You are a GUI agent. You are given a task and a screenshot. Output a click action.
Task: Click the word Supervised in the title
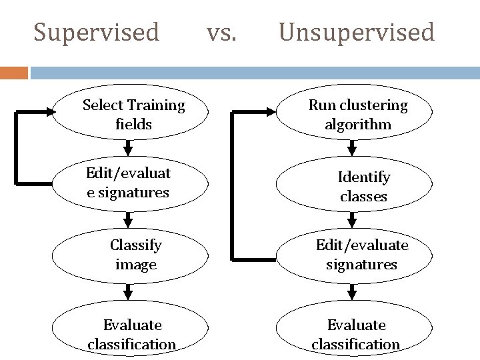point(97,31)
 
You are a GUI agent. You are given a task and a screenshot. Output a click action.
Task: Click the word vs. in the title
point(221,31)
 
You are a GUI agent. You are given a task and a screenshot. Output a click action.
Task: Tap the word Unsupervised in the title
point(357,31)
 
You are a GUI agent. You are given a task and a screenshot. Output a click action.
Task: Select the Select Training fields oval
point(133,115)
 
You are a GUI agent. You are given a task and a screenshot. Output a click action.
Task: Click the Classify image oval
point(135,255)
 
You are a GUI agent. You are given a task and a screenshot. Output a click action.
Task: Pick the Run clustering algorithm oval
point(357,115)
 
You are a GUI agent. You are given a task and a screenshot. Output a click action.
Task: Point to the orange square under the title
point(13,72)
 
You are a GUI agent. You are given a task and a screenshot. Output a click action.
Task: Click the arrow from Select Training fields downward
point(129,146)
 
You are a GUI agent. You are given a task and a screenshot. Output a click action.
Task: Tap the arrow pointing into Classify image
point(129,220)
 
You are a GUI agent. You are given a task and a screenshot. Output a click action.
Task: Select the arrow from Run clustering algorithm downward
point(353,146)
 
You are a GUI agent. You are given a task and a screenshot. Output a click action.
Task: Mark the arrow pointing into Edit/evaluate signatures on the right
point(353,220)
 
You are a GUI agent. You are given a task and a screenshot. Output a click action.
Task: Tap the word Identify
point(364,177)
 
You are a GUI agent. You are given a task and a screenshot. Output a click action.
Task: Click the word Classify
point(136,245)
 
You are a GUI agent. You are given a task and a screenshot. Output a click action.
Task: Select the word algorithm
point(358,125)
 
